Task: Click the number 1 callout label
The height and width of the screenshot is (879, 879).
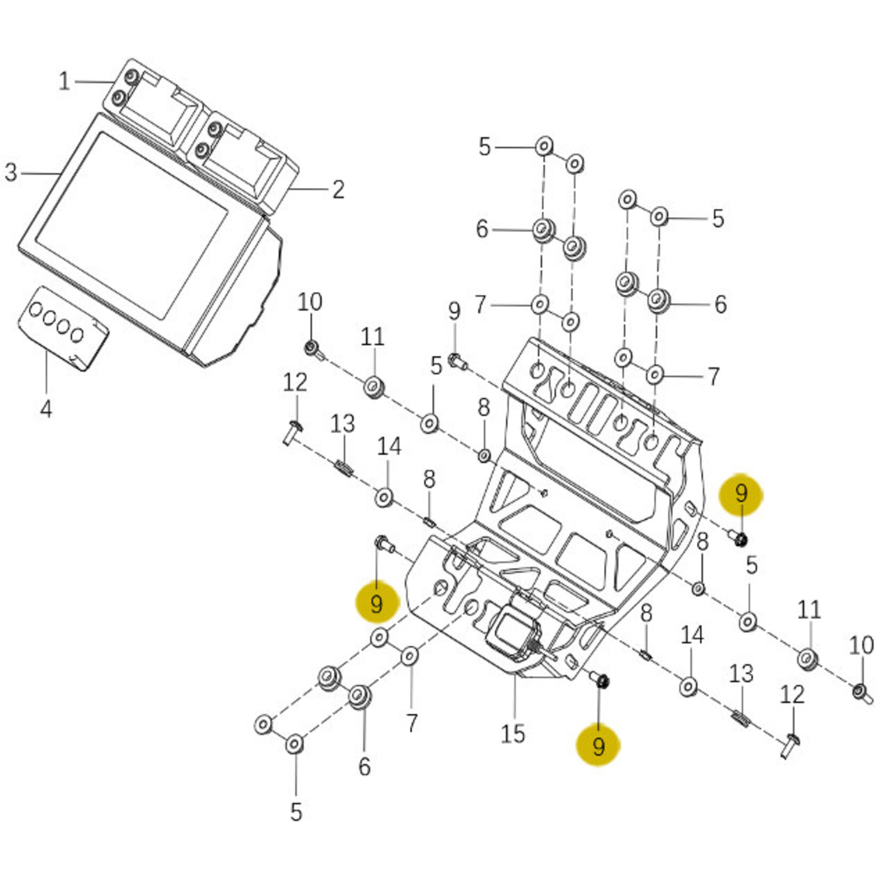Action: [64, 81]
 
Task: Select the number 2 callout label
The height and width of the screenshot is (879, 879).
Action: [338, 189]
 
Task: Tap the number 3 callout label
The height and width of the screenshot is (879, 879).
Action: [11, 172]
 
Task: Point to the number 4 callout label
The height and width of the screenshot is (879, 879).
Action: [46, 409]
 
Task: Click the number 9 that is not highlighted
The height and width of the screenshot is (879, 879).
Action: [454, 311]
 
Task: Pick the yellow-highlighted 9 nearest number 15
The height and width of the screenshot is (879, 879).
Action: [599, 746]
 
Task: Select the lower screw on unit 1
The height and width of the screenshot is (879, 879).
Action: [119, 98]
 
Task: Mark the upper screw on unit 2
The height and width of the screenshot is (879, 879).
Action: [215, 129]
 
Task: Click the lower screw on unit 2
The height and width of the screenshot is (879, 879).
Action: [202, 150]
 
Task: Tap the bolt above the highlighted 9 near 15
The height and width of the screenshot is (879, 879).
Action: [601, 681]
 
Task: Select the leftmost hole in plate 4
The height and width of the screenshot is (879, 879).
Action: [36, 309]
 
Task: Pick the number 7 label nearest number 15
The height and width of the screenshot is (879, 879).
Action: [412, 723]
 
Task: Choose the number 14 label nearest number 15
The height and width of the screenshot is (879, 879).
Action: [692, 635]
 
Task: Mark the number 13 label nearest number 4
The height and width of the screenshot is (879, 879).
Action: [342, 424]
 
